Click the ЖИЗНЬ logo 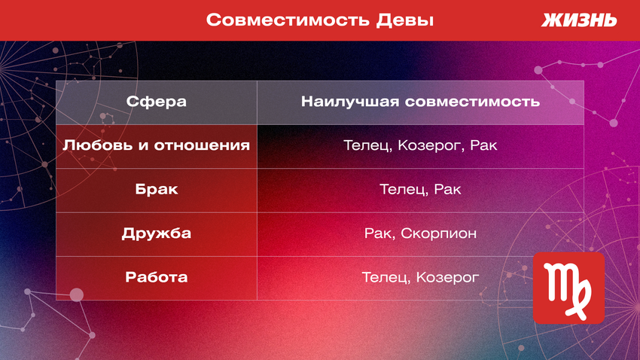(x=579, y=20)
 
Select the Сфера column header (x=157, y=102)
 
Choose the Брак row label (x=157, y=189)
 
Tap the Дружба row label (x=157, y=233)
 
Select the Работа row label (x=157, y=277)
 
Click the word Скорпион (x=439, y=233)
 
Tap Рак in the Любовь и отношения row (x=483, y=145)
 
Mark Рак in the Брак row (x=447, y=189)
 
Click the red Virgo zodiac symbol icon (x=568, y=288)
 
